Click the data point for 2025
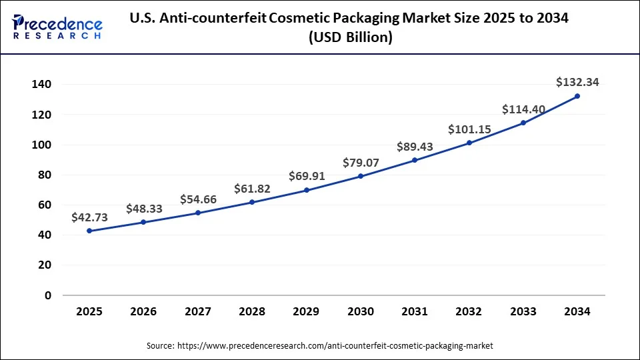coord(89,231)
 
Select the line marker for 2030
coord(361,176)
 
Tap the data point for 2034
coord(577,96)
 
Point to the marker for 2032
coord(469,143)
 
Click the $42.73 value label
coord(89,217)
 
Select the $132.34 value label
coord(577,82)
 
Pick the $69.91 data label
coord(307,176)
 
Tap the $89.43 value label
coord(415,147)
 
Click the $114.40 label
coord(523,109)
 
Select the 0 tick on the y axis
coord(48,295)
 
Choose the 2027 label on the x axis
coord(197,312)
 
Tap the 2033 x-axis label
coord(523,312)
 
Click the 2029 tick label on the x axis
coord(306,312)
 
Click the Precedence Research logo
coord(57,27)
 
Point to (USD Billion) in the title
coord(350,38)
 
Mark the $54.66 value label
coord(198,199)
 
